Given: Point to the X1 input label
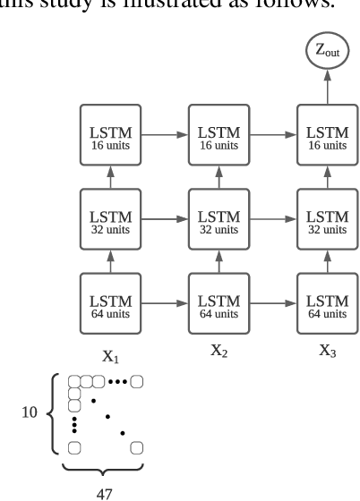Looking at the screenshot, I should click(x=110, y=356).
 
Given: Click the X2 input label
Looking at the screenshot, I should click(x=219, y=351).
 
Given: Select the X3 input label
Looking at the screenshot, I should click(x=328, y=351).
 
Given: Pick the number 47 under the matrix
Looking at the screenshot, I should click(x=106, y=491).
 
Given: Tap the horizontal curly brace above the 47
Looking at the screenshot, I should click(x=106, y=468).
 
